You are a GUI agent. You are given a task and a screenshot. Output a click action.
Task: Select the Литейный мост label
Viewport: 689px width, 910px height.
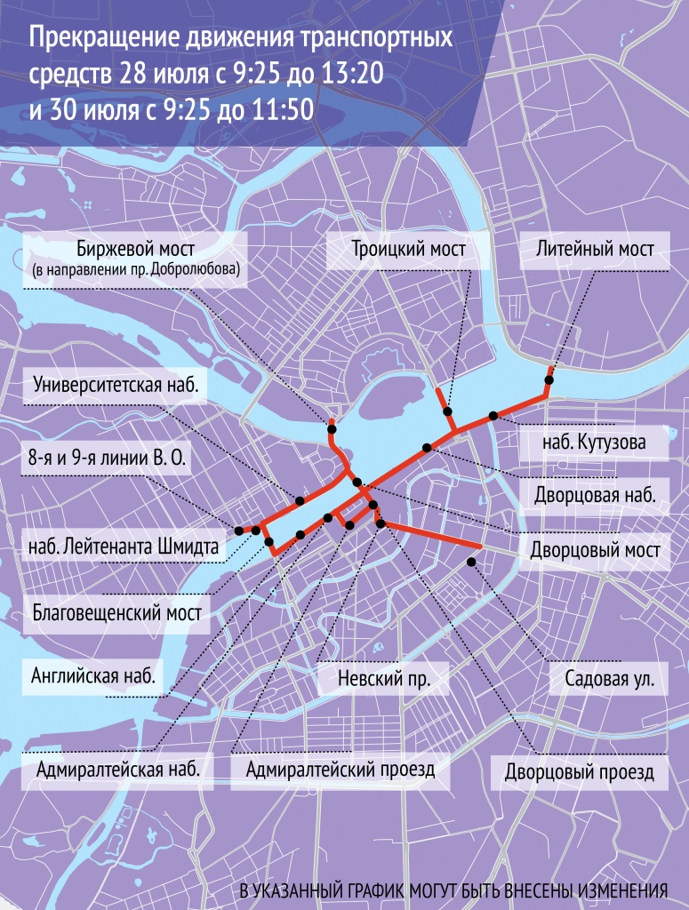pyautogui.click(x=596, y=250)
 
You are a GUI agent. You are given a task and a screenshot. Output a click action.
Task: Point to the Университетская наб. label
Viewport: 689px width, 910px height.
pyautogui.click(x=113, y=386)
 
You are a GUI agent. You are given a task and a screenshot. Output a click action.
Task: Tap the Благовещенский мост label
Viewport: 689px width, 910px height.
pyautogui.click(x=115, y=612)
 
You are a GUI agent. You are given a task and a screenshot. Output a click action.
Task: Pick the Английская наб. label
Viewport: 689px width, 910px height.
pyautogui.click(x=92, y=675)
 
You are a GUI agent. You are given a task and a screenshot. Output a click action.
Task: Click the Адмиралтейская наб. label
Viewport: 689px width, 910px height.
pyautogui.click(x=118, y=769)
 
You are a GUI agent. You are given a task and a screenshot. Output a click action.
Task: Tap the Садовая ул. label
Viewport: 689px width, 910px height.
pyautogui.click(x=609, y=682)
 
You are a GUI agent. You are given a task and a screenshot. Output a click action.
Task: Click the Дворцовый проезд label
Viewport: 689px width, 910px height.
pyautogui.click(x=579, y=770)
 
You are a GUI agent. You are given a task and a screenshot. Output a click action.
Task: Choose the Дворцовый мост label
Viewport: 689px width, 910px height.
pyautogui.click(x=594, y=550)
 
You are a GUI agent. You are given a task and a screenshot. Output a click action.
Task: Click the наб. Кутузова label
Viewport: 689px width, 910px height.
pyautogui.click(x=593, y=442)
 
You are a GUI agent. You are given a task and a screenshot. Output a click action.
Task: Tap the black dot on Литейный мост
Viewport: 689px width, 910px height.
pyautogui.click(x=549, y=380)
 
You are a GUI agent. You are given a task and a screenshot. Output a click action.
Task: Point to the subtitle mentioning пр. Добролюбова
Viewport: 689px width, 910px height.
pyautogui.click(x=135, y=268)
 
